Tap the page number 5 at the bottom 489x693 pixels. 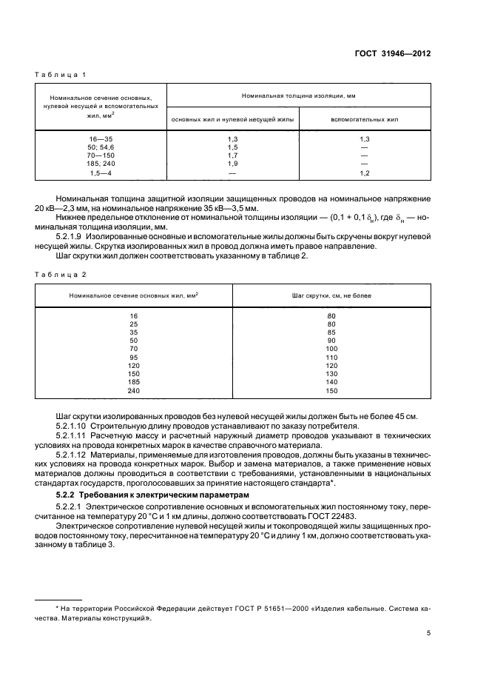[x=429, y=634]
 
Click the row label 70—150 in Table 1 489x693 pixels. [x=101, y=156]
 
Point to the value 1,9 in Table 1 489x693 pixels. [x=232, y=164]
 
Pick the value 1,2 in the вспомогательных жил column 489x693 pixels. [x=364, y=173]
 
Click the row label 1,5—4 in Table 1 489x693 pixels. [x=101, y=173]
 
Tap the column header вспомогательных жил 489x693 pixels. [x=364, y=118]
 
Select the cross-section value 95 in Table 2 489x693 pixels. [x=133, y=357]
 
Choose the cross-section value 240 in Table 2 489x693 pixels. [x=133, y=390]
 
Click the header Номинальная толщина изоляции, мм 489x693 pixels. [x=299, y=96]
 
